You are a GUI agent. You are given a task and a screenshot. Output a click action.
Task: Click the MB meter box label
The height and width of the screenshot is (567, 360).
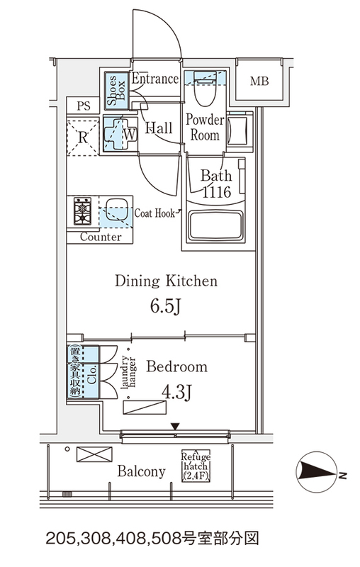click(x=259, y=81)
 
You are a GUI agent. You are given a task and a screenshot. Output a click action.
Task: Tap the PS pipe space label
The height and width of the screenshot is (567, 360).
click(x=84, y=106)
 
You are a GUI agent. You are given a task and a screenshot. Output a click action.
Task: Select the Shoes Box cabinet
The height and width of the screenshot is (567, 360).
click(x=116, y=91)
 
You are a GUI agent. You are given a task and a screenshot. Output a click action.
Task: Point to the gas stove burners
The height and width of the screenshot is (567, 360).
click(x=83, y=210)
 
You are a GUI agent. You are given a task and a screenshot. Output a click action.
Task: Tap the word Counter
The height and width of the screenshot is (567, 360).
click(x=101, y=237)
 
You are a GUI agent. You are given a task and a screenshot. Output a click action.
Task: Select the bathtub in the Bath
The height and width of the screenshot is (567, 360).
click(x=216, y=225)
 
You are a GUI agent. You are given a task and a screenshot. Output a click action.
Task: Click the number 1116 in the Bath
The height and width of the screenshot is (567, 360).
click(x=217, y=191)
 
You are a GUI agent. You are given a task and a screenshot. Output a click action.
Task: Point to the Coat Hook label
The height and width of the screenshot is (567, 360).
click(x=154, y=213)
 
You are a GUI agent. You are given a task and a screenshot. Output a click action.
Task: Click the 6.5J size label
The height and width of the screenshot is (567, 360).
click(x=165, y=308)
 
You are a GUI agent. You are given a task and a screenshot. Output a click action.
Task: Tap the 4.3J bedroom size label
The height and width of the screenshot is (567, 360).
click(x=176, y=393)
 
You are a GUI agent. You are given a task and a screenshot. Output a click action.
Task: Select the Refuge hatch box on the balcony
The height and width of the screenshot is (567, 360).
click(x=196, y=466)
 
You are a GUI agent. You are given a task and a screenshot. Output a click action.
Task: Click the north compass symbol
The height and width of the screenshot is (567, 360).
click(x=316, y=471)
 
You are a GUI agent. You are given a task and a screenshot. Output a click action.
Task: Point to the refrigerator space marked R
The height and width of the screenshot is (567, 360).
click(x=83, y=137)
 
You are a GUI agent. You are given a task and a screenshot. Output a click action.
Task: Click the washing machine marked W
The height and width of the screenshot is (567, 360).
click(x=120, y=134)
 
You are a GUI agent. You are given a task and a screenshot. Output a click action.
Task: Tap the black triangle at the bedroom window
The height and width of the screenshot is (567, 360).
click(x=175, y=427)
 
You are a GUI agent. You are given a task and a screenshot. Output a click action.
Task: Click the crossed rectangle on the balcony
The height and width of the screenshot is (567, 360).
click(x=94, y=454)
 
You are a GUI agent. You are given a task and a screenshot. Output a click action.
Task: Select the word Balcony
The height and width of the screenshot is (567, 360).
click(x=141, y=471)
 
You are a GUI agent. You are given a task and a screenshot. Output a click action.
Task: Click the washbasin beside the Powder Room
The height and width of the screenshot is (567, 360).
click(x=238, y=130)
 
